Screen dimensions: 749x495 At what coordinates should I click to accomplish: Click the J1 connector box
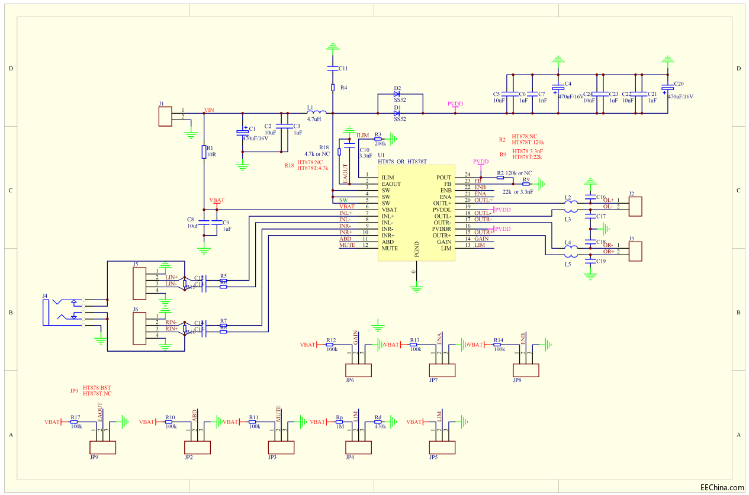[165, 116]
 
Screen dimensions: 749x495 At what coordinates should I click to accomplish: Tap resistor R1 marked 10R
[204, 152]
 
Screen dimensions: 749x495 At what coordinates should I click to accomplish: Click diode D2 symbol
[397, 94]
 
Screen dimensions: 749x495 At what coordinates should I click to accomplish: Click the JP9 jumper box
[102, 447]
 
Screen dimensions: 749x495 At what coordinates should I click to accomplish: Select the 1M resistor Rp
[340, 422]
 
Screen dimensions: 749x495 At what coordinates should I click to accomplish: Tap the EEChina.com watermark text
[722, 487]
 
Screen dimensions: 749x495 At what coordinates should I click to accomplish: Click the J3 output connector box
[635, 252]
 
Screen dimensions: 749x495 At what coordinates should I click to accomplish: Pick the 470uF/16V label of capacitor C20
[680, 96]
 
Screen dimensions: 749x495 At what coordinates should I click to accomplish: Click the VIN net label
[209, 110]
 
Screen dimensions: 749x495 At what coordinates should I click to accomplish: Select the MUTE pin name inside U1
[390, 248]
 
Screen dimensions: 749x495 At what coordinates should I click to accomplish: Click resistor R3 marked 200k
[378, 139]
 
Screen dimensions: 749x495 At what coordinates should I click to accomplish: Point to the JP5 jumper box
[442, 447]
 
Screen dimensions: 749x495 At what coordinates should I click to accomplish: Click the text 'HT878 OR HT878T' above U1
[403, 161]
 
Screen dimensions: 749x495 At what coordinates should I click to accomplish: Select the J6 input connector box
[139, 329]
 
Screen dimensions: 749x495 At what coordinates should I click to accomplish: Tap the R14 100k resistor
[499, 345]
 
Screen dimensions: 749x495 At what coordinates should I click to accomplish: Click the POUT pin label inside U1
[443, 178]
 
